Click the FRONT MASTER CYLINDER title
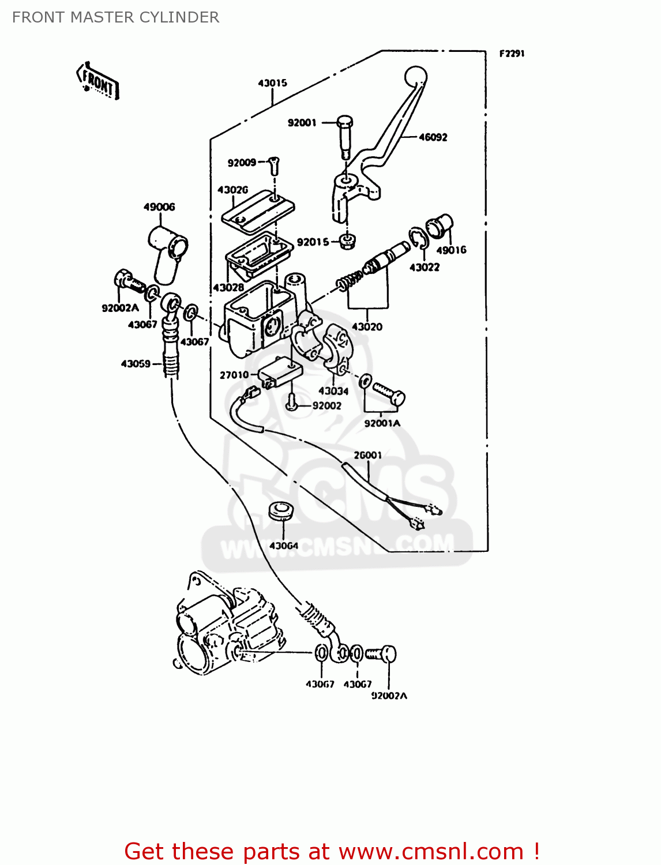(115, 17)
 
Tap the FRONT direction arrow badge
(97, 81)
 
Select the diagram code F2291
(512, 54)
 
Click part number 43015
(272, 83)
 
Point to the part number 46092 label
(433, 137)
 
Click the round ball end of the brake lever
(415, 76)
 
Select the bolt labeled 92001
(344, 135)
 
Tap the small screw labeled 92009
(274, 166)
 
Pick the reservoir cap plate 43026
(258, 211)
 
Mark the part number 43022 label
(425, 268)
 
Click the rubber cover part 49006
(168, 251)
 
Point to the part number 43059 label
(136, 364)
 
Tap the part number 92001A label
(382, 423)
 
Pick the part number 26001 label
(367, 456)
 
